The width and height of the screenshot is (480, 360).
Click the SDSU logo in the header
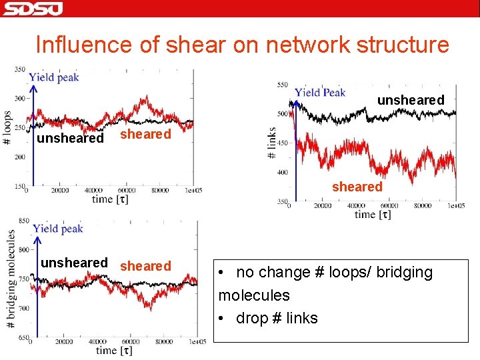click(x=33, y=9)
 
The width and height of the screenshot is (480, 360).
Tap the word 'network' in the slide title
click(x=298, y=45)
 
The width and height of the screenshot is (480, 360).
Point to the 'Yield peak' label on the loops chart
click(x=54, y=77)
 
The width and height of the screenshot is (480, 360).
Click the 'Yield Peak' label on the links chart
click(x=320, y=93)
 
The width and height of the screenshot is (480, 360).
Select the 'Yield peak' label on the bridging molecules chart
click(x=58, y=229)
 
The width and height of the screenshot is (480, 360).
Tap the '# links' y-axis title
click(x=272, y=142)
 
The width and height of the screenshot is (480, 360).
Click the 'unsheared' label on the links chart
click(x=411, y=100)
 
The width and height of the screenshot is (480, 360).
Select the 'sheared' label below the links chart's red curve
click(x=357, y=187)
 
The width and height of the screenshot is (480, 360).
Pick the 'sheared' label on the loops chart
click(x=145, y=134)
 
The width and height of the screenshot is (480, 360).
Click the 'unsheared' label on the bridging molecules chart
click(x=74, y=263)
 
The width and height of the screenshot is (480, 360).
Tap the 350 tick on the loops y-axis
click(x=20, y=69)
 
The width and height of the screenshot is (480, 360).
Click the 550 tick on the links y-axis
click(x=283, y=85)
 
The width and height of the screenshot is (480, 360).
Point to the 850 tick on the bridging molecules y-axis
click(x=23, y=221)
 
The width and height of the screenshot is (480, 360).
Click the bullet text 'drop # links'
click(x=277, y=318)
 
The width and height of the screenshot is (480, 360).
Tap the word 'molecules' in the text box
click(x=254, y=295)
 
